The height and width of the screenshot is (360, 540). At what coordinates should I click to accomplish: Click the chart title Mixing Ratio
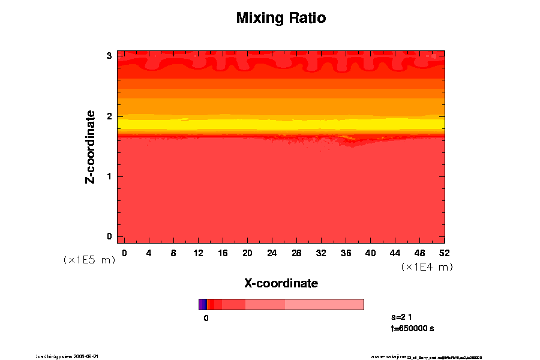(x=281, y=18)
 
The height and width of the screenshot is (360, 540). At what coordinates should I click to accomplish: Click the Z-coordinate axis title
(x=91, y=146)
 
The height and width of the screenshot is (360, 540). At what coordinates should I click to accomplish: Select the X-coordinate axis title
(x=281, y=283)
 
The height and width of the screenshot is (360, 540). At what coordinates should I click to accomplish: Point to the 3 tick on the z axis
(x=109, y=56)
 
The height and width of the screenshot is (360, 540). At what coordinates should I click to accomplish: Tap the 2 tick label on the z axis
(x=109, y=116)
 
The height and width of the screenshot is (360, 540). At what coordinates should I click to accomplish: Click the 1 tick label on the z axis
(x=109, y=176)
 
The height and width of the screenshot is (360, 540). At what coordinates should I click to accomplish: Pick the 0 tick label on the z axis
(x=109, y=236)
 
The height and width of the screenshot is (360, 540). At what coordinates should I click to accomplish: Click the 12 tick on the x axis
(x=198, y=253)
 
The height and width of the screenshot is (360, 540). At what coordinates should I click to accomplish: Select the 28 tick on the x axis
(x=296, y=253)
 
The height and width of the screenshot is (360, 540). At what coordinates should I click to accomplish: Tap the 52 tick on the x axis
(x=445, y=253)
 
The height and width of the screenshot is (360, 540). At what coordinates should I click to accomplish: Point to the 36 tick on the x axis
(x=346, y=253)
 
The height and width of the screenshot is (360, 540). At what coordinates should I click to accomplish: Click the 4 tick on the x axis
(x=149, y=253)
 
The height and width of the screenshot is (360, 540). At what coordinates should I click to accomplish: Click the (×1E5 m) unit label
(x=89, y=260)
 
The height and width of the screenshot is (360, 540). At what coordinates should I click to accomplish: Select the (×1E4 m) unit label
(x=427, y=267)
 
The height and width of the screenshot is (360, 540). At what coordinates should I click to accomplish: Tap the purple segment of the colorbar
(x=202, y=304)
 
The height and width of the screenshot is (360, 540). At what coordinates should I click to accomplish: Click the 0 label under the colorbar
(x=206, y=318)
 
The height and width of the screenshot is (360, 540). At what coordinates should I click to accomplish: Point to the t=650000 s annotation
(x=412, y=328)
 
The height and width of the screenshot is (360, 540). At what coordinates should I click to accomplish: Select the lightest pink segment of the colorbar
(x=324, y=304)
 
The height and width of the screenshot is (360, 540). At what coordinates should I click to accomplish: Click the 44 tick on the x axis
(x=395, y=253)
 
